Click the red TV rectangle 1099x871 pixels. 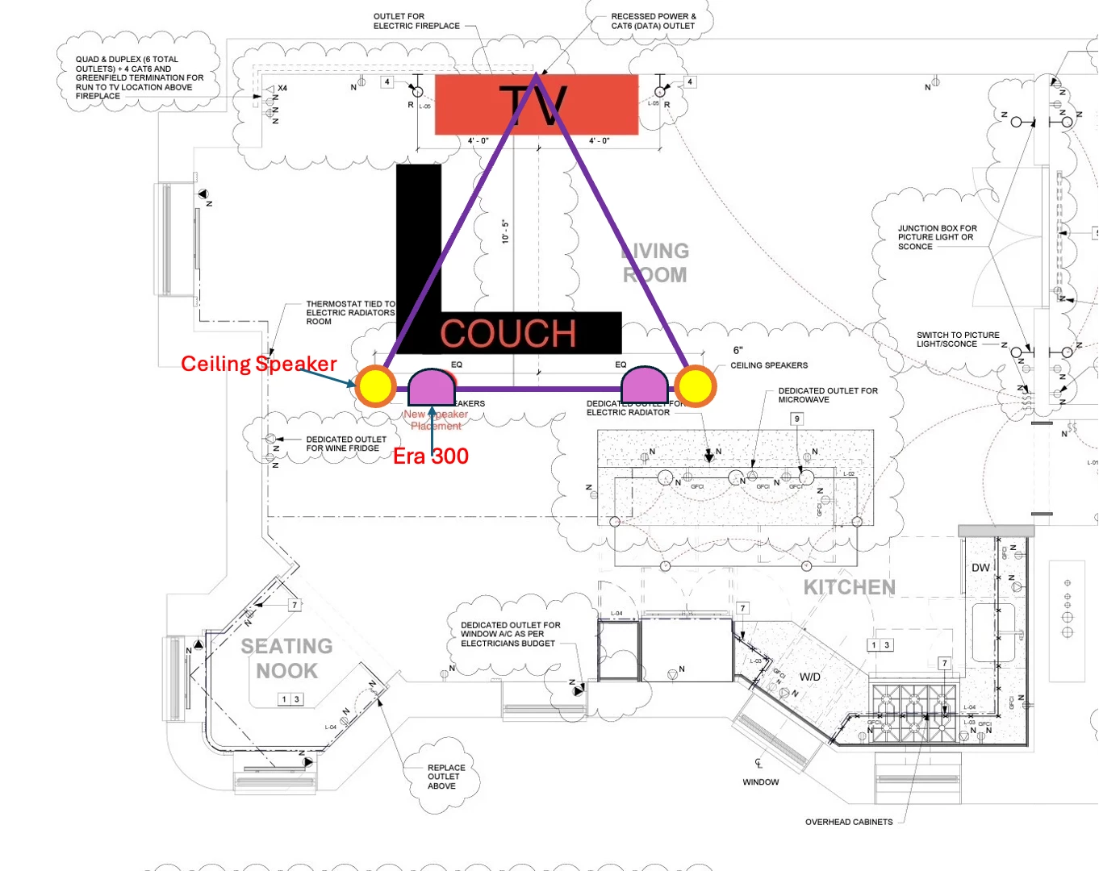point(468,105)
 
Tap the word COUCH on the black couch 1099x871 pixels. point(508,333)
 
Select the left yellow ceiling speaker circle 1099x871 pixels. point(375,385)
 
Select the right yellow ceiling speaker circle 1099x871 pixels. point(695,385)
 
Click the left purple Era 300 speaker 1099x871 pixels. point(432,388)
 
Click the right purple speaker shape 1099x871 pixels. point(644,383)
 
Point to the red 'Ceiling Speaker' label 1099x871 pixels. point(258,364)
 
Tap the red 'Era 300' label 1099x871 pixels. point(430,456)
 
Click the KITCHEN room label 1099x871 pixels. point(849,587)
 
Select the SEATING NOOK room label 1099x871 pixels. point(286,658)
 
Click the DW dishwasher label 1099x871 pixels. point(980,568)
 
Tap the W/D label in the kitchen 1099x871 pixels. point(810,677)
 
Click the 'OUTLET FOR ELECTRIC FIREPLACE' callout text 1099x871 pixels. point(416,21)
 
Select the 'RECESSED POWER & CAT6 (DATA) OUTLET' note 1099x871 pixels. point(653,21)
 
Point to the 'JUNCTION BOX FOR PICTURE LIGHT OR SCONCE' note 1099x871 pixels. point(937,237)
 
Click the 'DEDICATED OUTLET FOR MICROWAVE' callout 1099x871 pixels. point(827,394)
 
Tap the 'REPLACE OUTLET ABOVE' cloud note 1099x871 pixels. point(445,777)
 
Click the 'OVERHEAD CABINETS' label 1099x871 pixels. point(849,822)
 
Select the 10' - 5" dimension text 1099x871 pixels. point(506,231)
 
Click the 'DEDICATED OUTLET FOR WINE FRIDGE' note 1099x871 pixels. point(345,444)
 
